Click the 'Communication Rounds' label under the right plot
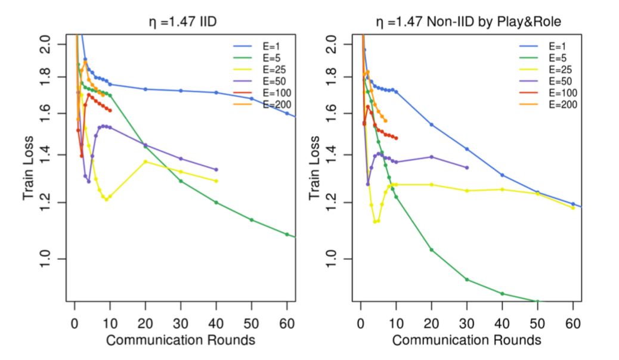pyautogui.click(x=466, y=340)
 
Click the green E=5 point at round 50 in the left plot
pyautogui.click(x=252, y=220)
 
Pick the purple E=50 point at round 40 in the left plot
pyautogui.click(x=216, y=170)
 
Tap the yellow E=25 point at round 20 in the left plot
pyautogui.click(x=146, y=162)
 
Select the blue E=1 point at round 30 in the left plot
pyautogui.click(x=181, y=91)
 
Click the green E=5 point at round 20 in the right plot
pyautogui.click(x=431, y=250)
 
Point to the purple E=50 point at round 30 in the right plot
pyautogui.click(x=466, y=167)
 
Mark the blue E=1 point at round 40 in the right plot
pyautogui.click(x=502, y=175)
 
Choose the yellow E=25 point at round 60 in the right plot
pyautogui.click(x=573, y=207)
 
